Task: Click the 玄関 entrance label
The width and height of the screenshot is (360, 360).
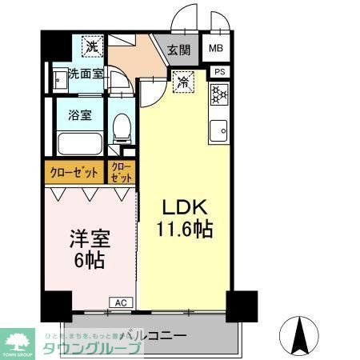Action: coord(178,49)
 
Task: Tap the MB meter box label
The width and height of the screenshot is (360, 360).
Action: coord(217,48)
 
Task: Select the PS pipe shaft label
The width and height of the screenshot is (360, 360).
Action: coord(218,72)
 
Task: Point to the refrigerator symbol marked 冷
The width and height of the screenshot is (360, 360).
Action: coord(183,81)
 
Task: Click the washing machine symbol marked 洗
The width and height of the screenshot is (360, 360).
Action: coord(93,46)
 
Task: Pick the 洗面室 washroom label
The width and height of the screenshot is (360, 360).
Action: coord(85,74)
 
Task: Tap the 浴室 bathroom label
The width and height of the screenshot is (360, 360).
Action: coord(81,113)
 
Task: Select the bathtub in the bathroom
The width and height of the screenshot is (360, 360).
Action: coord(81,144)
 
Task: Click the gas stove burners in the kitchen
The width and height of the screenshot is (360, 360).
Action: coord(218,97)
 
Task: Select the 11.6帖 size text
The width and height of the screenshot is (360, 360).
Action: coord(185,230)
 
